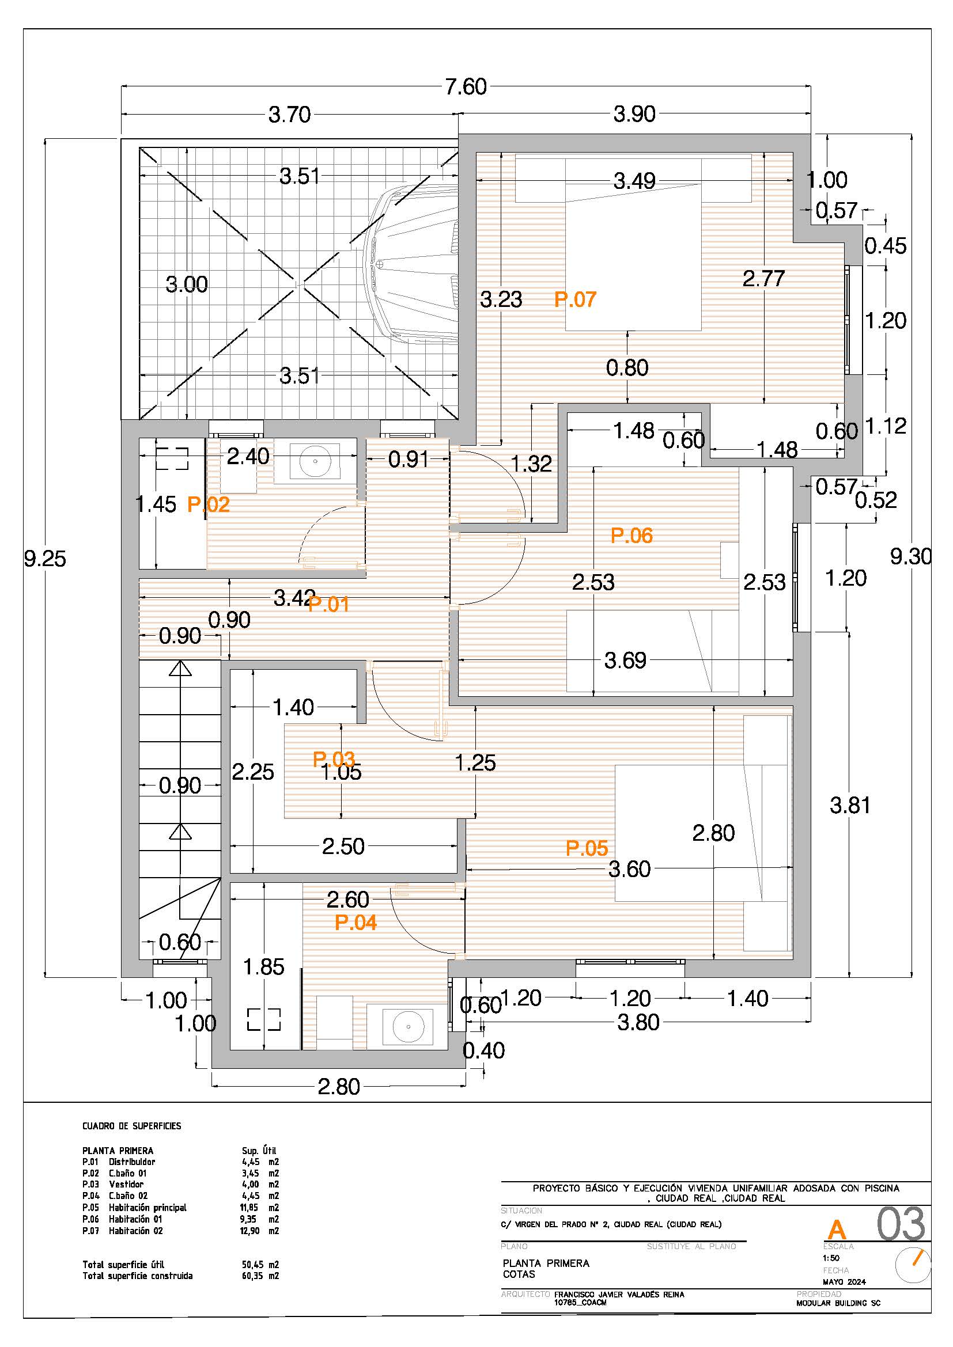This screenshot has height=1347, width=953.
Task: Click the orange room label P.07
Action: (575, 300)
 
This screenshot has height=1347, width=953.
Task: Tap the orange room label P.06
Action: (631, 536)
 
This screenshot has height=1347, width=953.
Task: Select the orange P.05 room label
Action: (587, 848)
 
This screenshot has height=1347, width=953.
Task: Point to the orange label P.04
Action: (356, 923)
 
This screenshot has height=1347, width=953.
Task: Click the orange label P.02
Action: (209, 504)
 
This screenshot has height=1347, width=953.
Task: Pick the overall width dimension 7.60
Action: (466, 87)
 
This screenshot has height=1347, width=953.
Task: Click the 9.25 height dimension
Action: (45, 559)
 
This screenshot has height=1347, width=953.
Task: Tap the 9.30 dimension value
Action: (911, 556)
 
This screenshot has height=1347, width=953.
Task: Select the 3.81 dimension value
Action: (850, 806)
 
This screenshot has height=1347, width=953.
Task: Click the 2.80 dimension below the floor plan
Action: (339, 1087)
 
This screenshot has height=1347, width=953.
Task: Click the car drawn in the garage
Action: (411, 262)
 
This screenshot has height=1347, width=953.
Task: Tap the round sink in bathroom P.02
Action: (315, 462)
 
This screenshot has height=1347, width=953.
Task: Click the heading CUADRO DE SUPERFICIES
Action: (132, 1126)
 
